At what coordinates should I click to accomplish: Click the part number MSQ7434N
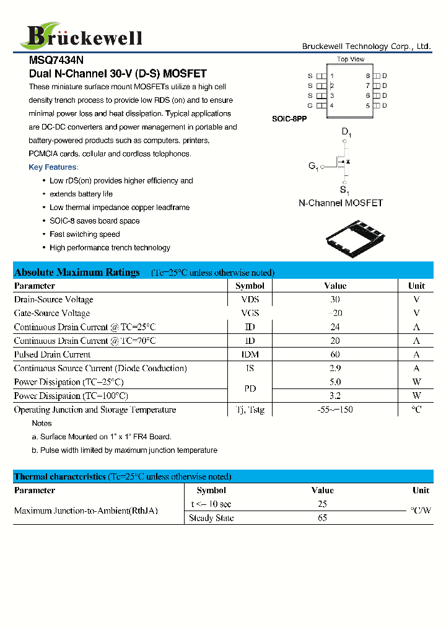pos(56,61)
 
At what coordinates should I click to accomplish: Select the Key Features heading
pos(53,167)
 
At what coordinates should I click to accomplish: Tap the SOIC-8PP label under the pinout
pos(289,118)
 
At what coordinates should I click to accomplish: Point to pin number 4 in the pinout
pos(332,106)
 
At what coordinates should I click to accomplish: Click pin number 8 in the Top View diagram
pos(367,76)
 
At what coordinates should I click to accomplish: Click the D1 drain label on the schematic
pos(346,133)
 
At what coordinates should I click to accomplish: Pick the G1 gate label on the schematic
pos(313,166)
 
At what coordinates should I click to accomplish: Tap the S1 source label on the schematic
pos(344,190)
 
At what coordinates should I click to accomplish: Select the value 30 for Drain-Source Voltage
pos(334,300)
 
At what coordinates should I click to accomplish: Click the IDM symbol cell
pos(250,354)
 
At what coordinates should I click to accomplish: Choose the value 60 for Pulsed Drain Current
pos(334,354)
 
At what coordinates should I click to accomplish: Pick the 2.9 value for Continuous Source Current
pos(334,368)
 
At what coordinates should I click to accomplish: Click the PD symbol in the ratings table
pos(250,389)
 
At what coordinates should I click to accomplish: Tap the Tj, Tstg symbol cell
pos(250,410)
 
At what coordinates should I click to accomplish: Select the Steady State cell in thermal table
pos(211,518)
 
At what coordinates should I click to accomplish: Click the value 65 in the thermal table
pos(322,518)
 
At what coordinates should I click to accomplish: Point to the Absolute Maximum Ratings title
pos(77,273)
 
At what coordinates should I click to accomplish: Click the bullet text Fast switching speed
pos(85,234)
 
